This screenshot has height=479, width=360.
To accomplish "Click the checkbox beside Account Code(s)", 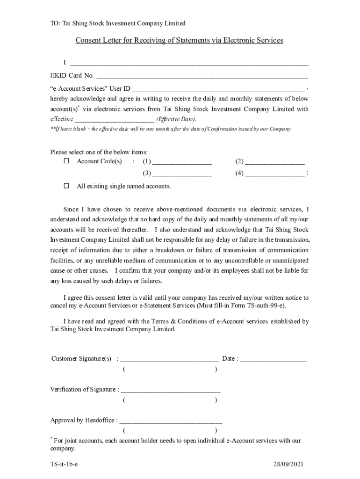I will [66, 161].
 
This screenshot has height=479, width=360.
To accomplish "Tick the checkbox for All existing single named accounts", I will [66, 186].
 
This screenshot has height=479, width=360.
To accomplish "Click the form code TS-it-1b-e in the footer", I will [64, 464].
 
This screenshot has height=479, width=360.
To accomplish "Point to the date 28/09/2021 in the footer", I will [289, 464].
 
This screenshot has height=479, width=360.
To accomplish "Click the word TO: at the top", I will [55, 23].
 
